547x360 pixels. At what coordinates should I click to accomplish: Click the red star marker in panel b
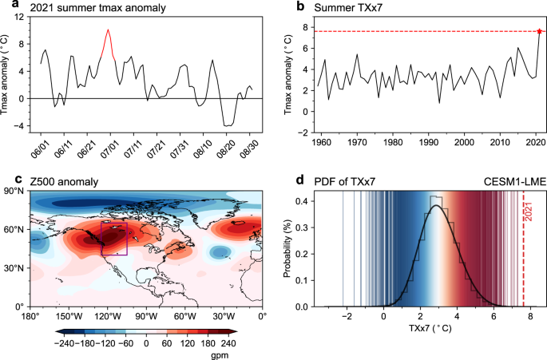point(539,31)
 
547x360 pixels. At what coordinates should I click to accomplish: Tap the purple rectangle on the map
point(113,239)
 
